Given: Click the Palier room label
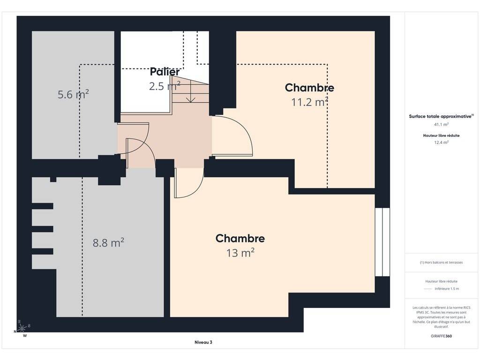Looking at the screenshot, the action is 165,72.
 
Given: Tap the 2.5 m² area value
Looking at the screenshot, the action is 165,86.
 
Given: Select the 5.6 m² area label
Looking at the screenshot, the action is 73,94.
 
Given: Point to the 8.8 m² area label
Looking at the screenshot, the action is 108,242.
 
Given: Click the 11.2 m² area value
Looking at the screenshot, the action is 310,102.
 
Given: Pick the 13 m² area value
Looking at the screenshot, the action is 240,253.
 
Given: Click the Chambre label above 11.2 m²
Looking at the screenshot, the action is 309,88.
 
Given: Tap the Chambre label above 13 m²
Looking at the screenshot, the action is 240,239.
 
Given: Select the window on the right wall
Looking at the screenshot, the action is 382,242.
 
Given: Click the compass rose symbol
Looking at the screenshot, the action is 22,329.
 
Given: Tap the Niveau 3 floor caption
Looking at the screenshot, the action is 203,342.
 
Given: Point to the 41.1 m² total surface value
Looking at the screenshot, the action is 441,124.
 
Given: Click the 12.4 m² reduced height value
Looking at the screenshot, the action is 441,142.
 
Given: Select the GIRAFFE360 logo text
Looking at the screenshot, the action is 441,336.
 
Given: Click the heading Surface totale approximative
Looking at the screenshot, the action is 440,116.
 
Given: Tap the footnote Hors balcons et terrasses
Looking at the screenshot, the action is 441,262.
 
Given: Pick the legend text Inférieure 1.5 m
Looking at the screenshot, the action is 447,289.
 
